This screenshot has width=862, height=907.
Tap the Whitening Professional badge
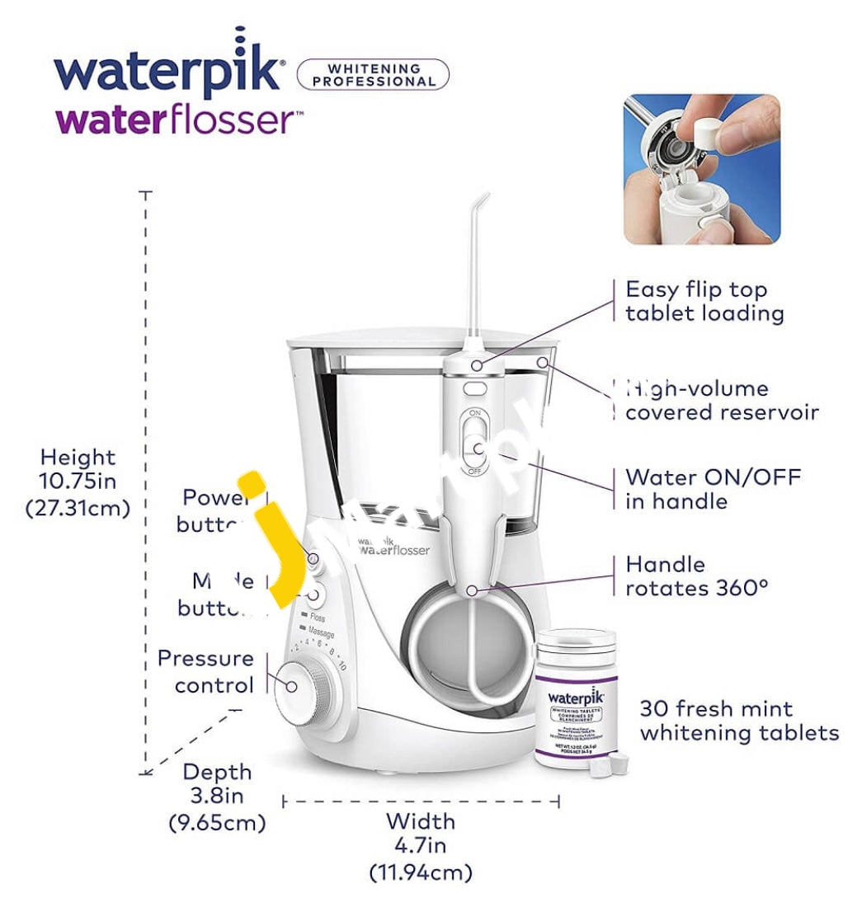[x=373, y=75]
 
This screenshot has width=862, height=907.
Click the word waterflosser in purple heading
[x=173, y=120]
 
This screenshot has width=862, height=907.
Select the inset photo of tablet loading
[x=701, y=169]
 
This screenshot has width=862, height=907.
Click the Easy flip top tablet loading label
[x=704, y=301]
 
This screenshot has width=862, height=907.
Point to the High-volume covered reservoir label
[x=720, y=400]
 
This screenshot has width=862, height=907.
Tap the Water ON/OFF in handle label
[x=712, y=489]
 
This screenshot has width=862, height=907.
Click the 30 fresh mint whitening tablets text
[x=738, y=720]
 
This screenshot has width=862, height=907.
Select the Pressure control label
[x=205, y=671]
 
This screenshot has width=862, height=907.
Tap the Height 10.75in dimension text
[x=78, y=482]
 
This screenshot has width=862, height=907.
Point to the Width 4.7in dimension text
[x=420, y=845]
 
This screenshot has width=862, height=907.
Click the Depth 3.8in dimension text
[x=217, y=797]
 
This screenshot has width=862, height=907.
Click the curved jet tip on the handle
[x=478, y=264]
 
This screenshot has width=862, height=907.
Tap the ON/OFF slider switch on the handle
[x=474, y=441]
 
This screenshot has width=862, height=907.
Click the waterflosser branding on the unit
[x=393, y=547]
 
